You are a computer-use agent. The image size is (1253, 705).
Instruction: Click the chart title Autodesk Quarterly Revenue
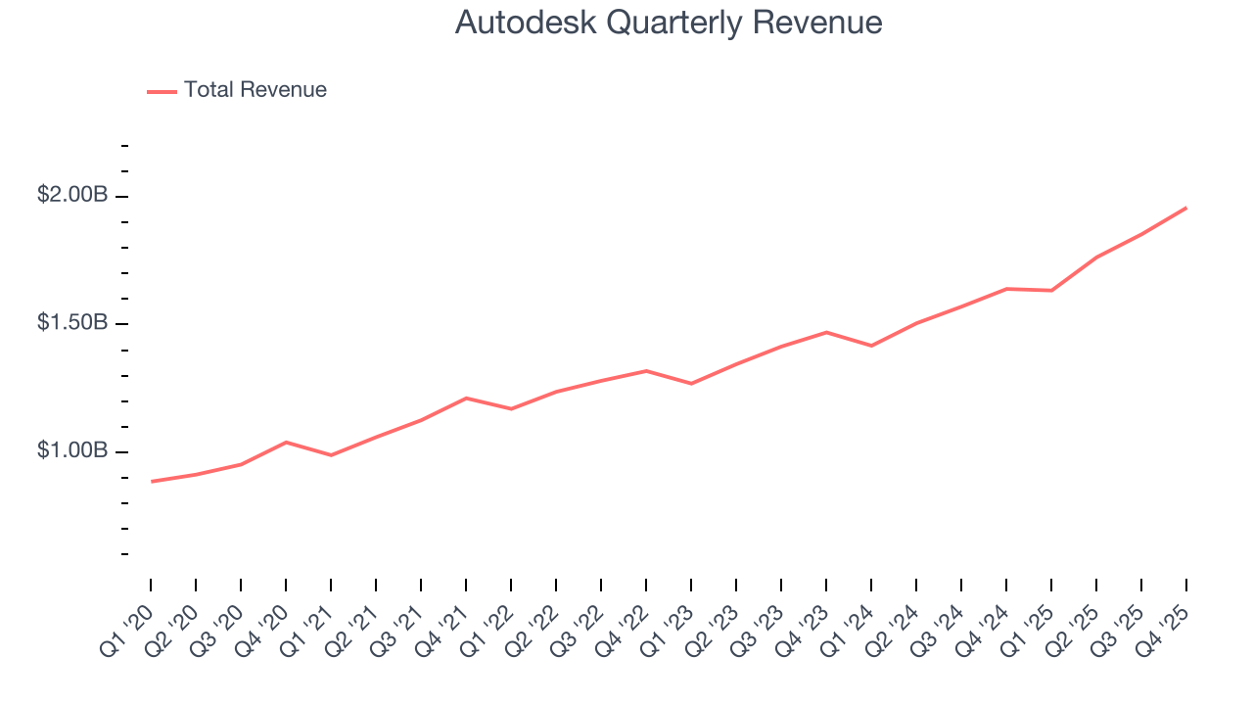click(x=669, y=23)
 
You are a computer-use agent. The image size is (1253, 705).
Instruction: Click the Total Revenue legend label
click(x=255, y=90)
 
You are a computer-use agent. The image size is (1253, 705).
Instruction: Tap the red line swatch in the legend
click(x=162, y=91)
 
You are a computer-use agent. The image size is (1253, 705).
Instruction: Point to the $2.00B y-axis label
click(x=72, y=196)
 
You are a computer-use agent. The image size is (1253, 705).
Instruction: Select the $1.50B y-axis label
click(x=72, y=323)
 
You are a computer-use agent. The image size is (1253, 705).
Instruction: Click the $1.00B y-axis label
click(x=72, y=450)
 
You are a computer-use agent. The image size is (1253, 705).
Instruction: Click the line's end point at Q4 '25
click(x=1186, y=208)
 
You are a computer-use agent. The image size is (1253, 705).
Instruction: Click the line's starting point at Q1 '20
click(x=152, y=481)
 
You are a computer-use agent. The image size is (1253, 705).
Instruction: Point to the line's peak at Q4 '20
click(x=286, y=442)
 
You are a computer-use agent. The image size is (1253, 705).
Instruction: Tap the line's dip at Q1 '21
click(x=331, y=455)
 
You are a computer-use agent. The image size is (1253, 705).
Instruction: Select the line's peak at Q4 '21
click(x=466, y=398)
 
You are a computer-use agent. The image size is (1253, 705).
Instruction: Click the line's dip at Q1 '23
click(x=691, y=384)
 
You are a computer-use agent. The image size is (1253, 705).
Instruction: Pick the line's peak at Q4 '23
click(x=826, y=332)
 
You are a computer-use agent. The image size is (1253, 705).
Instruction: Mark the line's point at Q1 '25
click(x=1051, y=290)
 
